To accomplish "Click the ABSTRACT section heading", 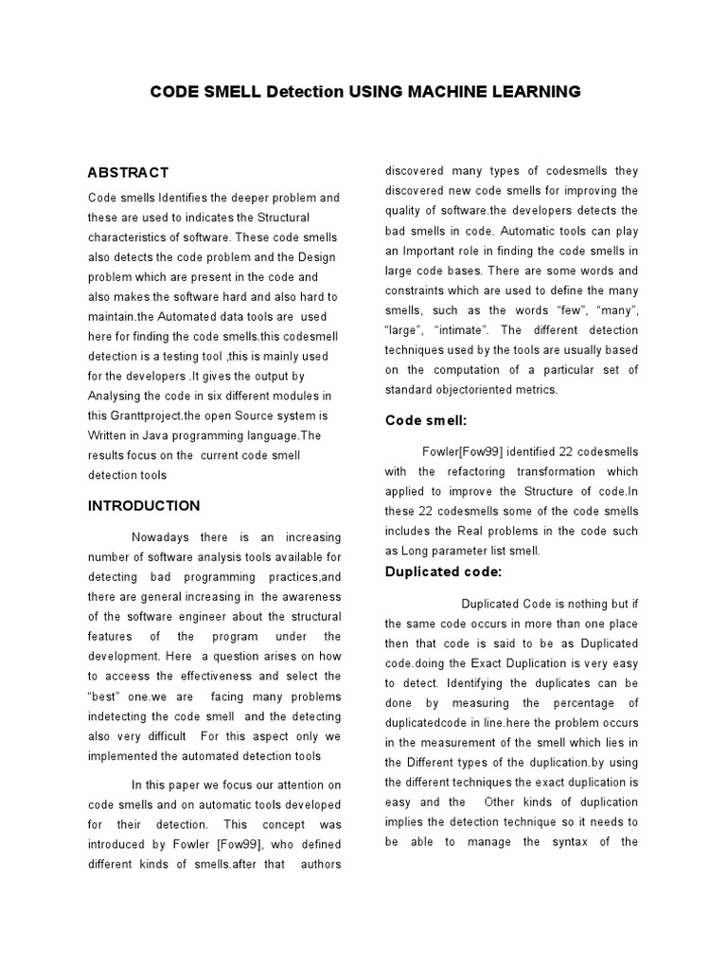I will pyautogui.click(x=128, y=172).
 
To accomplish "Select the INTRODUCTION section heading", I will pyautogui.click(x=144, y=506).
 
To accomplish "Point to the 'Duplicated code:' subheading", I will pyautogui.click(x=443, y=572).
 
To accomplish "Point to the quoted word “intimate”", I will pyautogui.click(x=461, y=330).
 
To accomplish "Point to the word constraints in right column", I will pyautogui.click(x=418, y=291).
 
